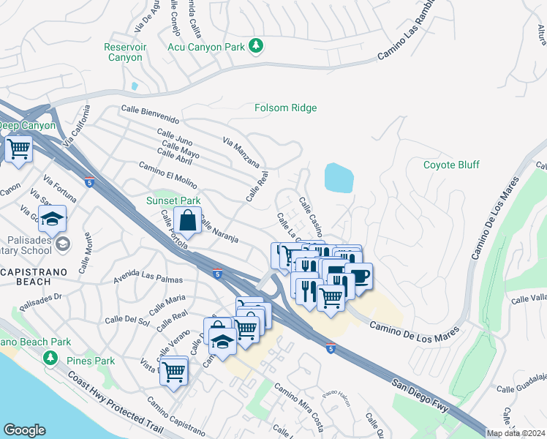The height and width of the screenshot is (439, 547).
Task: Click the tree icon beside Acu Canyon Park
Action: point(255,46)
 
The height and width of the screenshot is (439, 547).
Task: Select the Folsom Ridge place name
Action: point(285,108)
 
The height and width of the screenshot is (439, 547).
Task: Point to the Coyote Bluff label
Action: point(451,165)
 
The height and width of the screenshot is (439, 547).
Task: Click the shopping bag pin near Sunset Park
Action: point(188,219)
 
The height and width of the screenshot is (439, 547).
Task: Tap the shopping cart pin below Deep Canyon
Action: point(18,149)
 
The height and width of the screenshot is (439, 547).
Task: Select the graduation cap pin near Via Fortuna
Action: point(53,219)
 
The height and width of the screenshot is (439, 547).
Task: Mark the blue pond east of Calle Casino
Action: point(339,177)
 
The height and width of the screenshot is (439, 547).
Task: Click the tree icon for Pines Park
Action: point(50,359)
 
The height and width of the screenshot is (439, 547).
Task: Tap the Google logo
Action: point(24,429)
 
